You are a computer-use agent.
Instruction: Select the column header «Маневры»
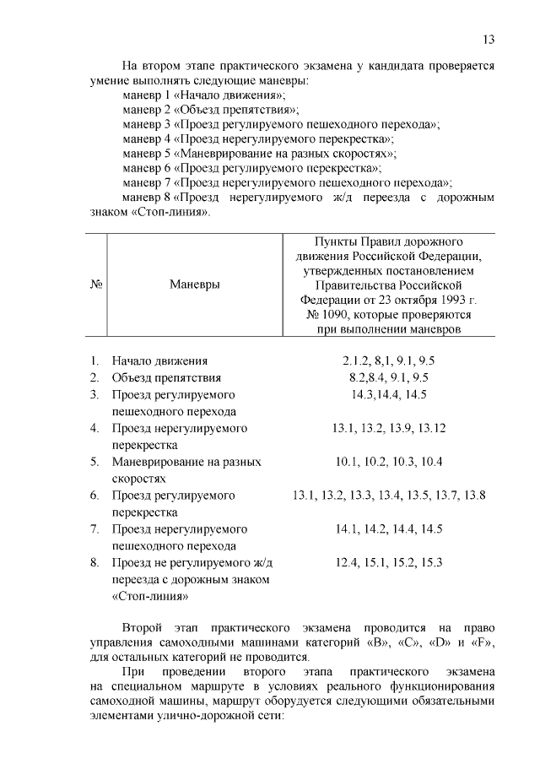tap(194, 284)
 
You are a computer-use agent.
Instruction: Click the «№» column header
tap(95, 284)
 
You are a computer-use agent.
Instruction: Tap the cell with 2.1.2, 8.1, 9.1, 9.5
tap(388, 360)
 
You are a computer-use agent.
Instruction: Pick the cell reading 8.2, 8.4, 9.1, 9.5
tap(388, 377)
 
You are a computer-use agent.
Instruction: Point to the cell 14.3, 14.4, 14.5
tap(388, 394)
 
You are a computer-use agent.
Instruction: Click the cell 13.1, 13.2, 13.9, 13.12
tap(388, 428)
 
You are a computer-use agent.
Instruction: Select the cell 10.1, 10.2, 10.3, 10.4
tap(388, 462)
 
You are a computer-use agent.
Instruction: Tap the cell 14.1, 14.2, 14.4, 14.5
tap(388, 529)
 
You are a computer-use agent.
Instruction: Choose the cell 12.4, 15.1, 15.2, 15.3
tap(388, 562)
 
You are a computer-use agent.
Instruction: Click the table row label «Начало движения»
tap(159, 361)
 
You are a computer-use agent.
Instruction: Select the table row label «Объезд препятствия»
tap(166, 377)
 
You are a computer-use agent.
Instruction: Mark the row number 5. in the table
tap(95, 462)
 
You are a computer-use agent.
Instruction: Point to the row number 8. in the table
tap(95, 562)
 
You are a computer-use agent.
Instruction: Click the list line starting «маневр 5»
tap(259, 154)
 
